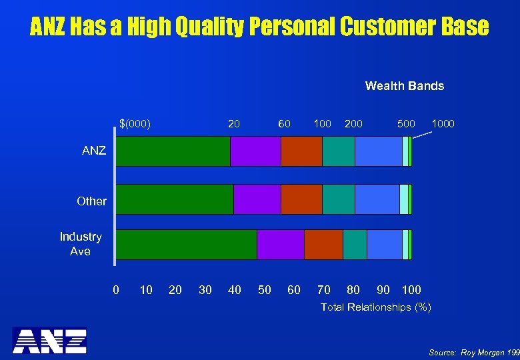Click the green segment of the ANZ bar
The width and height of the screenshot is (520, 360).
tap(173, 151)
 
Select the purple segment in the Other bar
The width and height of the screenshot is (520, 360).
tap(257, 199)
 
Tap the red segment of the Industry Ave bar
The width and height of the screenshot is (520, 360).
tap(323, 245)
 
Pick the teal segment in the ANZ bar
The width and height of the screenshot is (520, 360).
tap(338, 151)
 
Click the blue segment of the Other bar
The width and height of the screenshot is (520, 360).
tap(377, 199)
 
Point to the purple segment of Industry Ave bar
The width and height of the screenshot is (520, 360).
tap(280, 245)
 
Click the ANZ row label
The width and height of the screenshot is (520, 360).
tap(94, 151)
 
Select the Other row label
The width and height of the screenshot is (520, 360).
tap(91, 201)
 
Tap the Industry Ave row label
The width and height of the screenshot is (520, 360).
tap(81, 244)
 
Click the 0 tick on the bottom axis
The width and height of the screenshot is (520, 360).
tap(116, 289)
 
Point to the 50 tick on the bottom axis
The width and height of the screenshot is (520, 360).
tap(265, 289)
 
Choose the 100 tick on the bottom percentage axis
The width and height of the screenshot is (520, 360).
tap(411, 289)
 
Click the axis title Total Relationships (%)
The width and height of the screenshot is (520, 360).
tap(376, 307)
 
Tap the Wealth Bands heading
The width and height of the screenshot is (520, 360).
tap(404, 85)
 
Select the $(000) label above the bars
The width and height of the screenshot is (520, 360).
tap(135, 123)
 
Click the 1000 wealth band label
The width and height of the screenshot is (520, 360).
tap(443, 123)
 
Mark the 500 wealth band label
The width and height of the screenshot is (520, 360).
tap(406, 123)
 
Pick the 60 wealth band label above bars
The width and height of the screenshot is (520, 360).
tap(285, 123)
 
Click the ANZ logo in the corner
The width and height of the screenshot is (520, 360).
tap(49, 340)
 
